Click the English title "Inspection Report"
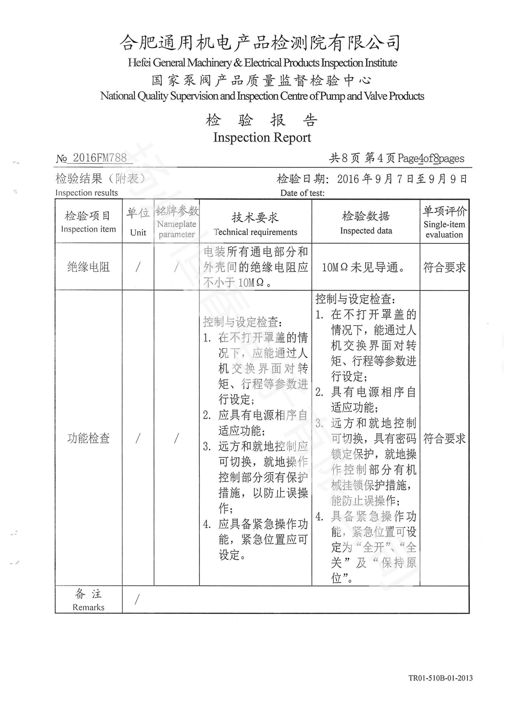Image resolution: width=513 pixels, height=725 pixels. pyautogui.click(x=262, y=137)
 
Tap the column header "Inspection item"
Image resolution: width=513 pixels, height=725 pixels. pyautogui.click(x=88, y=229)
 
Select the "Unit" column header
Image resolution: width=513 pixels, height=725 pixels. pyautogui.click(x=138, y=233)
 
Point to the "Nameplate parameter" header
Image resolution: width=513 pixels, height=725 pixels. pyautogui.click(x=176, y=229)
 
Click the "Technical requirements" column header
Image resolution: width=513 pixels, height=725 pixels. pyautogui.click(x=255, y=232)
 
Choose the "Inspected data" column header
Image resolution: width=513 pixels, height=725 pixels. pyautogui.click(x=366, y=231)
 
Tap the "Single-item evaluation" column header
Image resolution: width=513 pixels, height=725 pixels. pyautogui.click(x=444, y=229)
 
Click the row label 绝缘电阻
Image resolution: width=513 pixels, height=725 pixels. pyautogui.click(x=88, y=267)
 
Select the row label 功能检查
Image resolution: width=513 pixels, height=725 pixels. pyautogui.click(x=88, y=438)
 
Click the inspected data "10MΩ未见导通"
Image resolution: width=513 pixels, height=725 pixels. pyautogui.click(x=363, y=267)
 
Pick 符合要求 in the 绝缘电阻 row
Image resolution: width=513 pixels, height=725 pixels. pyautogui.click(x=444, y=267)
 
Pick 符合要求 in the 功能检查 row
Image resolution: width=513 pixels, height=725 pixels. pyautogui.click(x=444, y=438)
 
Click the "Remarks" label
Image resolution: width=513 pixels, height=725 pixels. pyautogui.click(x=88, y=607)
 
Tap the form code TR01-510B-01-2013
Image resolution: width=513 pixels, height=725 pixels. pyautogui.click(x=440, y=687)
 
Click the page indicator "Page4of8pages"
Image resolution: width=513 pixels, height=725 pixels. pyautogui.click(x=431, y=158)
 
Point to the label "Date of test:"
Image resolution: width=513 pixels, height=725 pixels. pyautogui.click(x=302, y=193)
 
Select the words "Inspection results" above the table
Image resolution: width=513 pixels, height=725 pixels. pyautogui.click(x=87, y=192)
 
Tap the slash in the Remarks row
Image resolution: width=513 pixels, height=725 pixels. pyautogui.click(x=137, y=599)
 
